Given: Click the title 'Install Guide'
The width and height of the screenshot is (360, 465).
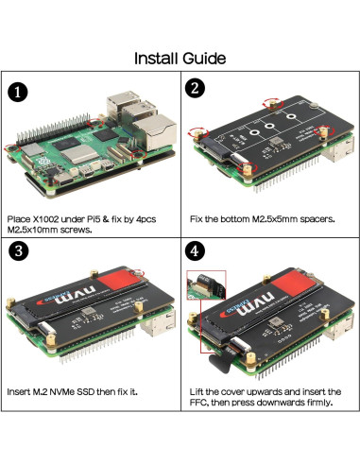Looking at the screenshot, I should coord(180,59).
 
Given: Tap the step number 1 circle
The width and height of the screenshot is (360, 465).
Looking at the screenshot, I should coord(16,92).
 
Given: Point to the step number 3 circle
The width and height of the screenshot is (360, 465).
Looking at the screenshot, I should coord(17,253).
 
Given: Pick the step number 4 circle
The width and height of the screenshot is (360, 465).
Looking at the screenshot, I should coord(194,252).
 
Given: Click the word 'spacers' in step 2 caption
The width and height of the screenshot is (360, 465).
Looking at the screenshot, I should coord(310,218).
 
